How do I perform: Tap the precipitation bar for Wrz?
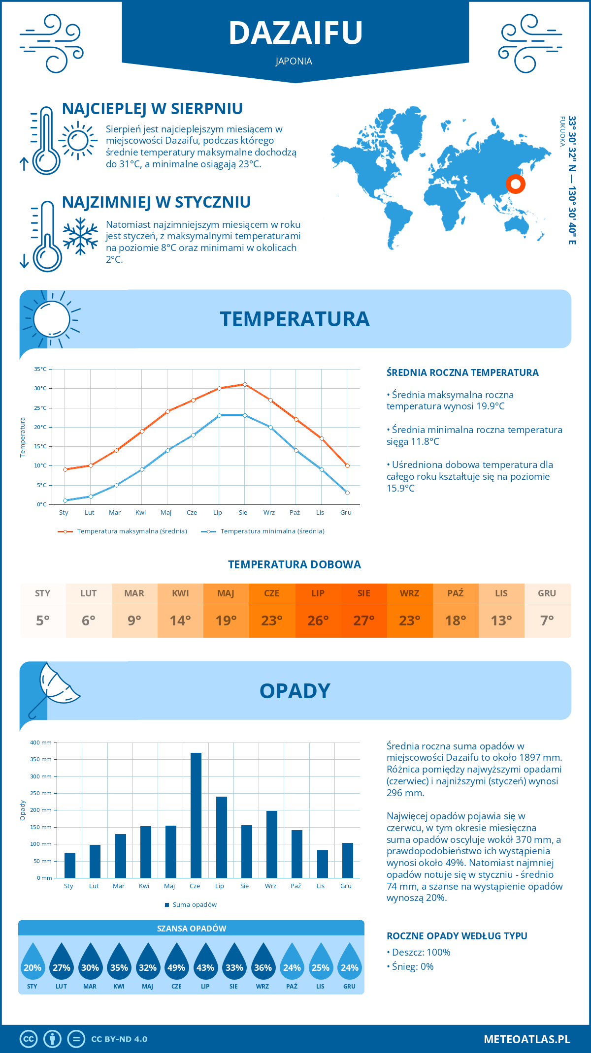(271, 844)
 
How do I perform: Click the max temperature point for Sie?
(245, 384)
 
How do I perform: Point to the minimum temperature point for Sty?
(65, 500)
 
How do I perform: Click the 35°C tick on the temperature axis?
(40, 369)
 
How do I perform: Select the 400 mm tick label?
(41, 743)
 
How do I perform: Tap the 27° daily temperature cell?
(363, 620)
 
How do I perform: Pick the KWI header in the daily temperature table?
(180, 593)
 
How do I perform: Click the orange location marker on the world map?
(515, 184)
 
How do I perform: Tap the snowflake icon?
(80, 236)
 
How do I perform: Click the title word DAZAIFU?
(295, 33)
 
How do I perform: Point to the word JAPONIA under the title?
(294, 61)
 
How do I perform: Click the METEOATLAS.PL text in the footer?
(526, 1039)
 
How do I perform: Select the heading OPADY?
(295, 691)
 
